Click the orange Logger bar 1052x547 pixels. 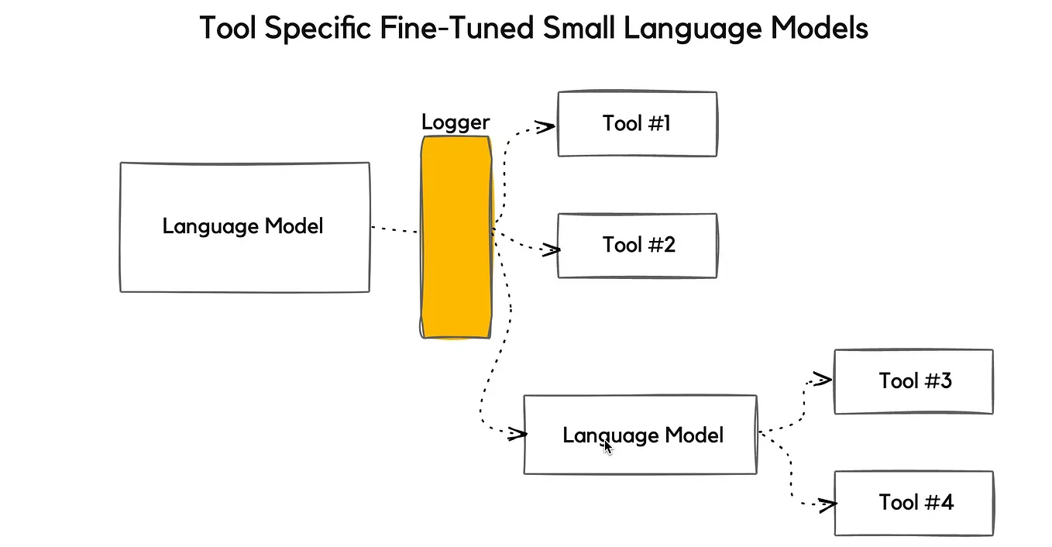coord(456,237)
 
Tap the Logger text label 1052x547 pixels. coord(456,122)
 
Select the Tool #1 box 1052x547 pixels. coord(637,124)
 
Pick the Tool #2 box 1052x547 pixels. coord(637,246)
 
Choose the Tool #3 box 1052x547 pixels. coord(913,381)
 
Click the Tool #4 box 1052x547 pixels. coord(913,503)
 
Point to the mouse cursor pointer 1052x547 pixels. coord(608,447)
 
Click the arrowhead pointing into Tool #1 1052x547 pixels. coord(546,126)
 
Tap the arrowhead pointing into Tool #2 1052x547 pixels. coord(551,249)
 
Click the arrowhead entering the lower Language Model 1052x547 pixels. coord(517,435)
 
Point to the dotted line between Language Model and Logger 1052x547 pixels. coord(394,229)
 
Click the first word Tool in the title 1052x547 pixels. coord(229,29)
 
